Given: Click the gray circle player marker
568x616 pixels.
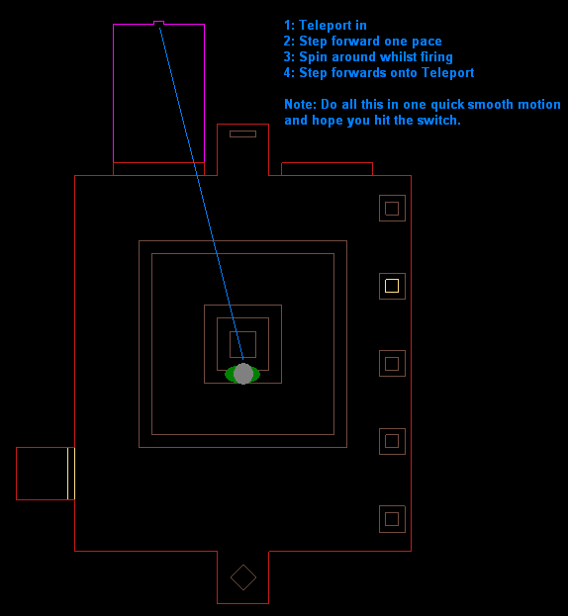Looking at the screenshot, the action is click(243, 374).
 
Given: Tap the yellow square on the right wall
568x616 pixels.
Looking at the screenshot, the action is click(392, 286).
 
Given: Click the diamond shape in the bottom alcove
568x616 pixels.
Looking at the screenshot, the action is click(243, 577).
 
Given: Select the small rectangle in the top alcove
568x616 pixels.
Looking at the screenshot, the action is click(242, 133).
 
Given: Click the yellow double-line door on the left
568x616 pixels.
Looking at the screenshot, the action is click(71, 474).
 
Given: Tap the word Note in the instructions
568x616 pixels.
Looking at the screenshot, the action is click(300, 105).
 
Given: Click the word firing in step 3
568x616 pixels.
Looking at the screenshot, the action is click(436, 57).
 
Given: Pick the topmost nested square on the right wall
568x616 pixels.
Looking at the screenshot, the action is click(392, 209).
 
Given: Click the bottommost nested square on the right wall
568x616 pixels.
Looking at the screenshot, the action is click(392, 519).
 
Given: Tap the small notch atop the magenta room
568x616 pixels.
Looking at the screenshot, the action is click(158, 23).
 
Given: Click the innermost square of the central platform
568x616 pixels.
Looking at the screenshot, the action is click(242, 344).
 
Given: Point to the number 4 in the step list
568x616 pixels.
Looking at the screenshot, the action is click(287, 73).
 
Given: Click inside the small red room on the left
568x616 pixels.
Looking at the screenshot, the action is click(42, 474).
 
